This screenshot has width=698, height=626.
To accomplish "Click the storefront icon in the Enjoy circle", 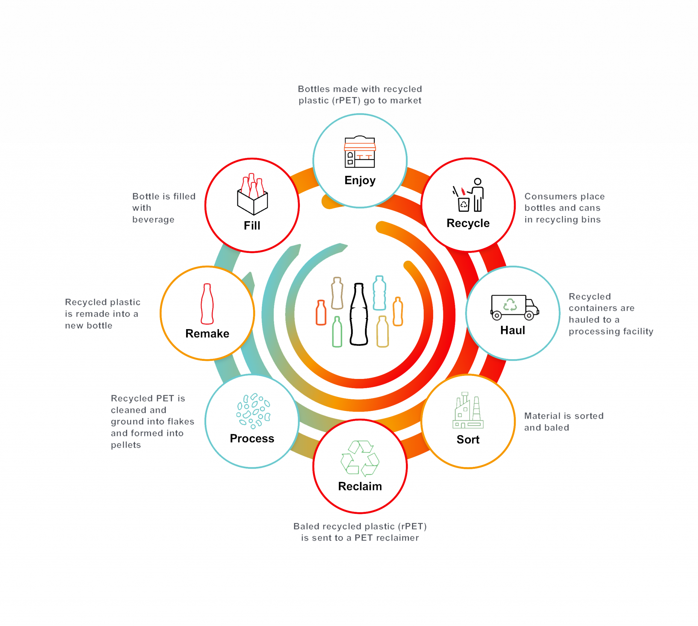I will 360,152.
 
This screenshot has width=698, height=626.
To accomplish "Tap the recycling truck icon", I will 514,307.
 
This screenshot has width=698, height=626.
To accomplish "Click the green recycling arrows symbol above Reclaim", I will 360,458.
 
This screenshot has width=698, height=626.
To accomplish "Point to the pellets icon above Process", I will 254,411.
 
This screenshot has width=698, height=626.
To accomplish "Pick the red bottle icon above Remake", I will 207,304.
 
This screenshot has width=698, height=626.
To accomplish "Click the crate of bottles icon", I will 253,194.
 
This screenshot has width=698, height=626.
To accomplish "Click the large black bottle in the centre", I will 359,314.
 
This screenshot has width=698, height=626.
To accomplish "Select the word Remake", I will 208,334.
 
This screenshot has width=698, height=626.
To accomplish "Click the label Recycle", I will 469,224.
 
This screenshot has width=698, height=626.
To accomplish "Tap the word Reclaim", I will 361,486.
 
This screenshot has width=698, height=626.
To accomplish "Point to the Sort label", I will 468,440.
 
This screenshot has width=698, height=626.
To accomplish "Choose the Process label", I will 253,439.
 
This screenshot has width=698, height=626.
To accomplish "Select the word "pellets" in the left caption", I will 126,445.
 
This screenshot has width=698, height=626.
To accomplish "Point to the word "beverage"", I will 153,219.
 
